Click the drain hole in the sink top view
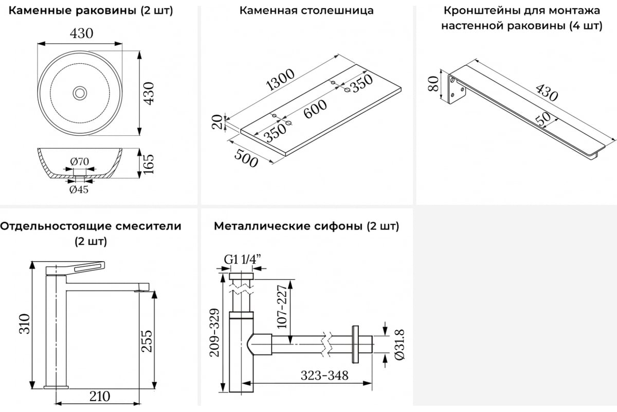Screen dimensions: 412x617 coord(80,93)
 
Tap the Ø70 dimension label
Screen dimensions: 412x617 coord(80,161)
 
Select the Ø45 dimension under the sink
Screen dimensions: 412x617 coord(79,190)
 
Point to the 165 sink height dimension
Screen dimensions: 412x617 coord(148,164)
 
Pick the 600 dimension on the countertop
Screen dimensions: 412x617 coord(315,109)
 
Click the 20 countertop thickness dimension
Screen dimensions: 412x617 coord(218,122)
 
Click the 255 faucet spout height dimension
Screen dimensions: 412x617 coord(147,340)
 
